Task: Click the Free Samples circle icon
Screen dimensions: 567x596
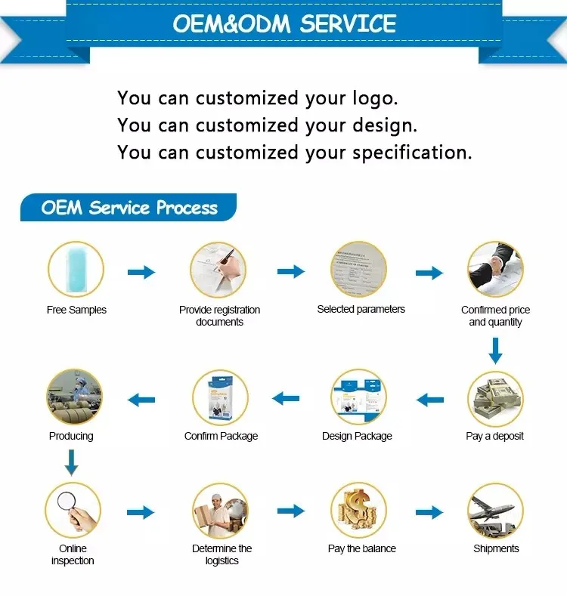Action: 76,269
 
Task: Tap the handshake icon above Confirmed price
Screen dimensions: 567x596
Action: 495,269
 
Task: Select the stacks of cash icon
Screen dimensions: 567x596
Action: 495,398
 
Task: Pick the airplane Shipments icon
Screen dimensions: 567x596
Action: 495,511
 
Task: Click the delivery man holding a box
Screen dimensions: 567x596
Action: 220,511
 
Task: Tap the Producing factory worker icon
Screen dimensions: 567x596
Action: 74,397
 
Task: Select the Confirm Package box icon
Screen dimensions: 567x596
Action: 220,398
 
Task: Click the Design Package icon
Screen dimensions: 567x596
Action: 358,397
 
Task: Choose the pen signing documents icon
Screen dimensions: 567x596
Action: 218,270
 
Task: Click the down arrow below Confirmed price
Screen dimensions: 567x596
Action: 495,350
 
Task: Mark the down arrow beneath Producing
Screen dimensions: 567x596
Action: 71,462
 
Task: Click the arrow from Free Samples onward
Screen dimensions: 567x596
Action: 141,272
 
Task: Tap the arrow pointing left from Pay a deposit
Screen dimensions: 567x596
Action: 430,400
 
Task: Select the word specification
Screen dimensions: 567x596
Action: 412,153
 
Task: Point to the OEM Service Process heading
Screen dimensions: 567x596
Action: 129,208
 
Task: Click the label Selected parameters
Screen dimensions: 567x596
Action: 361,310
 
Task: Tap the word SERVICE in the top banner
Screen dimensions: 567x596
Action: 348,23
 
